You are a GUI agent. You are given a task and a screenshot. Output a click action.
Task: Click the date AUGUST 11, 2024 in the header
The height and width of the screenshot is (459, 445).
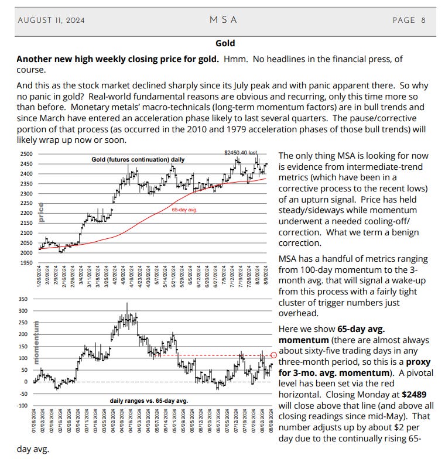51,20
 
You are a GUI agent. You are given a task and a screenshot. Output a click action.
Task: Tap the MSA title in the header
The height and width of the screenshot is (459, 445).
223,20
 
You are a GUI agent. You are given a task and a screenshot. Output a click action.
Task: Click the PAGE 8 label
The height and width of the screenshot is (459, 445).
409,20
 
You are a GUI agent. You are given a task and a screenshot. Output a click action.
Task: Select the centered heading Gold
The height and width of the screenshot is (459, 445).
225,43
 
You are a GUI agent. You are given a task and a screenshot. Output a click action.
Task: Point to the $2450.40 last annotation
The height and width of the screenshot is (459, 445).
241,153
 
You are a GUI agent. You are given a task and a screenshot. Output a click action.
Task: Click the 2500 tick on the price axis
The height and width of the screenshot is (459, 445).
26,154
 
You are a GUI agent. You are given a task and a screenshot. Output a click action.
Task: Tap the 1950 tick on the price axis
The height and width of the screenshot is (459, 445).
26,263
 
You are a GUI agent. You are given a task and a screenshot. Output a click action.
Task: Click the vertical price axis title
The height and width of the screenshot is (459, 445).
41,211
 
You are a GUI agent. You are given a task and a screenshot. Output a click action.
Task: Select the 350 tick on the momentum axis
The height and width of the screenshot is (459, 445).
23,299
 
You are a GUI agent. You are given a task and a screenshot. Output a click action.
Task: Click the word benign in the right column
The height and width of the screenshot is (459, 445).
403,232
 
